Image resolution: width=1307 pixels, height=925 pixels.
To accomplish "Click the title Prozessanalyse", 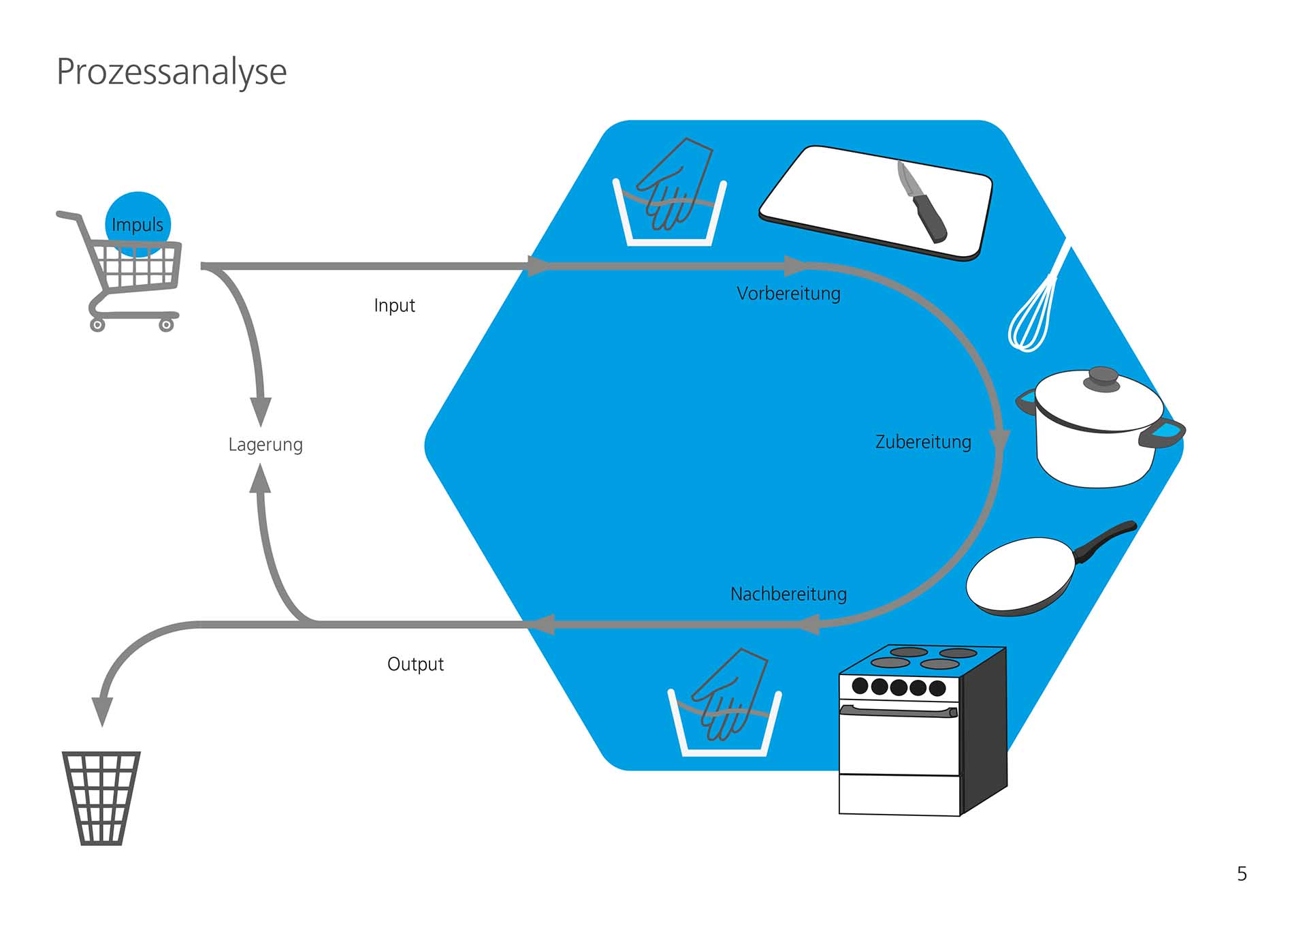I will click(172, 72).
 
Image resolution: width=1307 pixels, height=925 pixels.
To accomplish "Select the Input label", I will click(394, 305).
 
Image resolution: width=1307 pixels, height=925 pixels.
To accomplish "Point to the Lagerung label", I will click(265, 445).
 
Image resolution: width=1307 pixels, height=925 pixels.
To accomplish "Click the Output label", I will click(415, 664).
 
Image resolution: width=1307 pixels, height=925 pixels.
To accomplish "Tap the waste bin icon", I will click(101, 798).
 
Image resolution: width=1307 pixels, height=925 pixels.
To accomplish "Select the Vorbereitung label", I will click(788, 294).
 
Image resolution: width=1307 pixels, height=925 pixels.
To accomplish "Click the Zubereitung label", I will click(923, 442).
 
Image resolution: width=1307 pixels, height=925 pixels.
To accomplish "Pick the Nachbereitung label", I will click(788, 594).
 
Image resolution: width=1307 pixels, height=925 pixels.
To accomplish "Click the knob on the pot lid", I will click(1102, 377).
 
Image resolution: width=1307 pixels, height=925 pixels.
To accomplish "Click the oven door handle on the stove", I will click(899, 711).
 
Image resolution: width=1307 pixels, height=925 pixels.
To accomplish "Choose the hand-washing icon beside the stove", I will click(725, 705).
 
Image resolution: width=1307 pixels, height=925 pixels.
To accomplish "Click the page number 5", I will click(1242, 874).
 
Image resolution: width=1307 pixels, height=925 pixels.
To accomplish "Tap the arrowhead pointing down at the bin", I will click(102, 711).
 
